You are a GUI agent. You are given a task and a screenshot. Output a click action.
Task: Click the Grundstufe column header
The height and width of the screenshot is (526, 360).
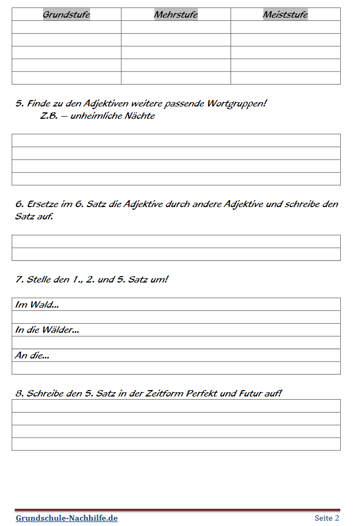coord(66,14)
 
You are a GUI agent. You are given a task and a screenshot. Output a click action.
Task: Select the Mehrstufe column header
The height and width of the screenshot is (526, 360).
coord(175,14)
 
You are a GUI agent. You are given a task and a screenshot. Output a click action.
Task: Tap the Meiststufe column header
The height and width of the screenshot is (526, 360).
coord(285,14)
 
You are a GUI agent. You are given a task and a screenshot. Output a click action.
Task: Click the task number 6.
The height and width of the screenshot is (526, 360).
coord(19,204)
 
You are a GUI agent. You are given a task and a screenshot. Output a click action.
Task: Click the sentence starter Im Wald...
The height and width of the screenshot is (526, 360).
coord(37,304)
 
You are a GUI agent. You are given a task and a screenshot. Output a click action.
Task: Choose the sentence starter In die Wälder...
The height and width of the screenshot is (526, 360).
coord(47,330)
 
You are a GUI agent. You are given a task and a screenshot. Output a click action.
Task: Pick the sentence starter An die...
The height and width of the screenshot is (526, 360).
coord(32,355)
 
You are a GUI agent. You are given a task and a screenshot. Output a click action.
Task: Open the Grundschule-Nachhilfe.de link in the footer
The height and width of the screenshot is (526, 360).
coord(66,518)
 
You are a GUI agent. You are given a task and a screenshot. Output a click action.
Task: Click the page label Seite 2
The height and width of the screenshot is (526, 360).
coord(327,518)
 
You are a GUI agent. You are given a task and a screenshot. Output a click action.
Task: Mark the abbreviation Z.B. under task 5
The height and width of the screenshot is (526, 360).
coord(49,116)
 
